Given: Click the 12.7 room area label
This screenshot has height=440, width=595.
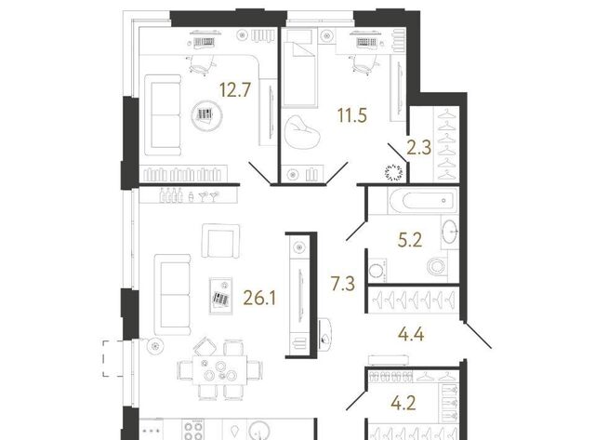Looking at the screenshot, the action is (x=235, y=90).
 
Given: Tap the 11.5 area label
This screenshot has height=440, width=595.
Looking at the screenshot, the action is (x=352, y=115).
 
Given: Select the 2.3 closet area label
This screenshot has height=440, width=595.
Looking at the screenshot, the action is (x=419, y=148).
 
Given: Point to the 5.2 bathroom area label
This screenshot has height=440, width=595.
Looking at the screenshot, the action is (x=410, y=240).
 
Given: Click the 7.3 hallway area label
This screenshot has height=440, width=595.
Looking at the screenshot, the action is (x=343, y=284).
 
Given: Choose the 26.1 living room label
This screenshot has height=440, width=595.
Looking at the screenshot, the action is (x=259, y=299).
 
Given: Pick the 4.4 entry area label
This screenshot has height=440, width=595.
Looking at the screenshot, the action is (x=411, y=335).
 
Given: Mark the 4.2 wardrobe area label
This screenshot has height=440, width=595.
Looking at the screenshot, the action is (x=403, y=403).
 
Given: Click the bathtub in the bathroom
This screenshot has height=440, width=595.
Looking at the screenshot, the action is (x=423, y=200).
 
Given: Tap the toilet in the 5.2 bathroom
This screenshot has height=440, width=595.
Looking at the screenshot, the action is (x=437, y=266).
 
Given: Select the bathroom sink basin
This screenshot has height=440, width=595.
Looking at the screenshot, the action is (x=450, y=231).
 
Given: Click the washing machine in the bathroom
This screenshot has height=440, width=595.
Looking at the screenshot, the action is (x=377, y=271).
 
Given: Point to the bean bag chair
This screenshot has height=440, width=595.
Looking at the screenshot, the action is (x=302, y=132).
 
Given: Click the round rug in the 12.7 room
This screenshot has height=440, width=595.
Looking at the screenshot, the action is (x=206, y=115).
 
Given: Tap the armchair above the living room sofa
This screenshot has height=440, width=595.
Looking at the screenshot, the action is (x=220, y=241).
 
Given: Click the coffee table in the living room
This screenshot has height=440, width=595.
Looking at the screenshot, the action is (x=221, y=296).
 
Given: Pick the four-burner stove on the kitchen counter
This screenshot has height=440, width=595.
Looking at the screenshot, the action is (x=194, y=430).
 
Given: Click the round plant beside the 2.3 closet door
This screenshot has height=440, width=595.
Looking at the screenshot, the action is (x=393, y=172).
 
